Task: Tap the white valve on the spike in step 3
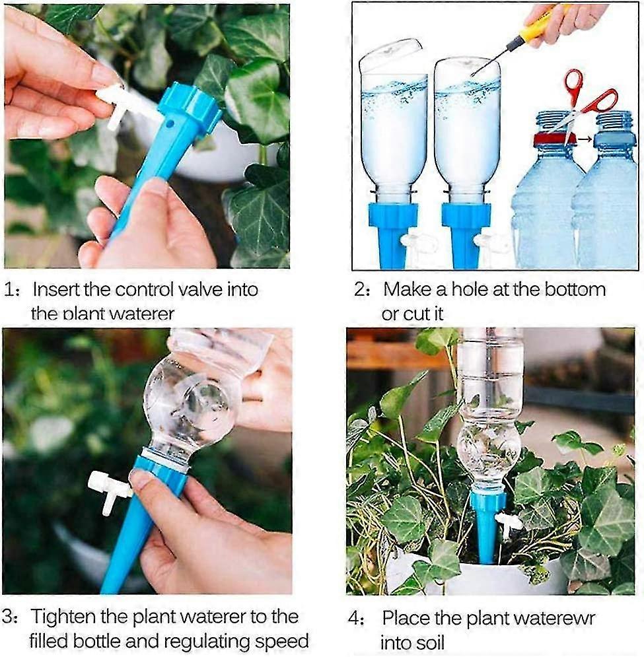pos(108,489)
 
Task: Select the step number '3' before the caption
pos(8,617)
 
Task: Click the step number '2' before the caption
pos(359,289)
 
